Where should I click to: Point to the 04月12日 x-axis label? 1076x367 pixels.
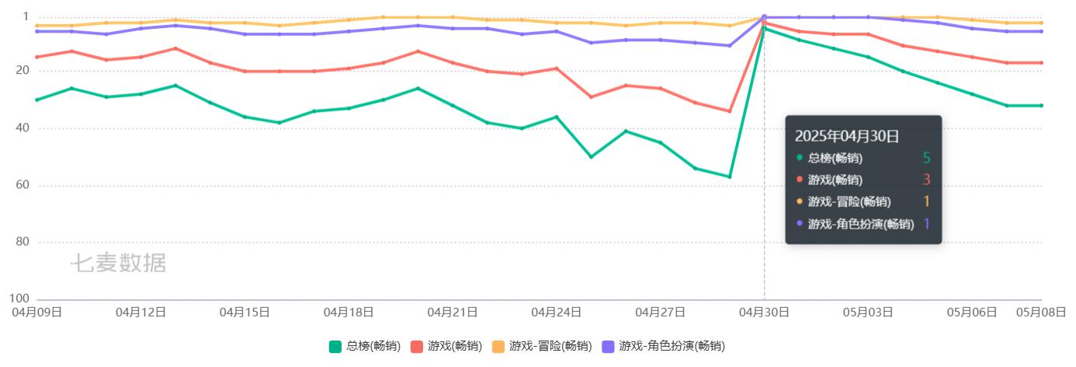(x=141, y=313)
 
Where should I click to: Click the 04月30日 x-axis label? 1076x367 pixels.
(x=764, y=313)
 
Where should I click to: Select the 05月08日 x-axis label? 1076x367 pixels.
(x=1040, y=313)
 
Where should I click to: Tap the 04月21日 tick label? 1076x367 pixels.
(x=453, y=313)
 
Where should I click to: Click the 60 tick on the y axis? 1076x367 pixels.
(x=22, y=185)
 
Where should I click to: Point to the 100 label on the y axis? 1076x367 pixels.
(x=19, y=299)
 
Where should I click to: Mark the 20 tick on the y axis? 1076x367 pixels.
(x=22, y=70)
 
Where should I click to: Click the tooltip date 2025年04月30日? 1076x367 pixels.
(x=846, y=136)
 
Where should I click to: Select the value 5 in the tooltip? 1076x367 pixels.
(x=926, y=159)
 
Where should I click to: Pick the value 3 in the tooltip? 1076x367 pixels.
(x=926, y=180)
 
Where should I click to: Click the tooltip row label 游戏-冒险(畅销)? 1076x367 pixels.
(x=849, y=202)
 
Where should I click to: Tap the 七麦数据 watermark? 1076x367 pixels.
(x=119, y=264)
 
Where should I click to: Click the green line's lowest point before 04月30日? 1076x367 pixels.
(x=730, y=177)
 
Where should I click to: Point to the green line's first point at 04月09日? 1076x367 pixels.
(x=36, y=100)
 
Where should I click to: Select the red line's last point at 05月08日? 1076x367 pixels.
(x=1041, y=62)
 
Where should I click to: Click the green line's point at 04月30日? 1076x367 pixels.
(x=764, y=29)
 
